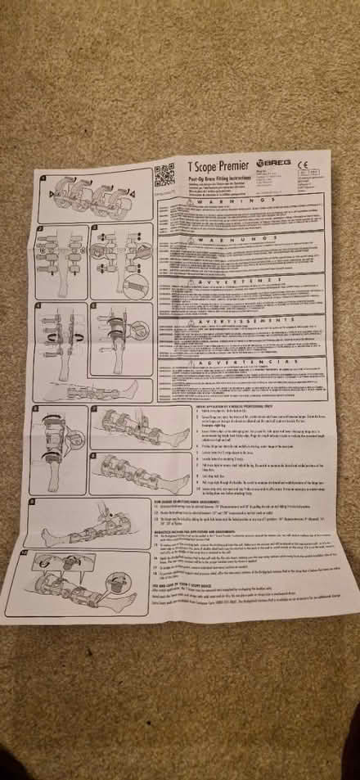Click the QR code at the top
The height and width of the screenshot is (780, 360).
[165, 174]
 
